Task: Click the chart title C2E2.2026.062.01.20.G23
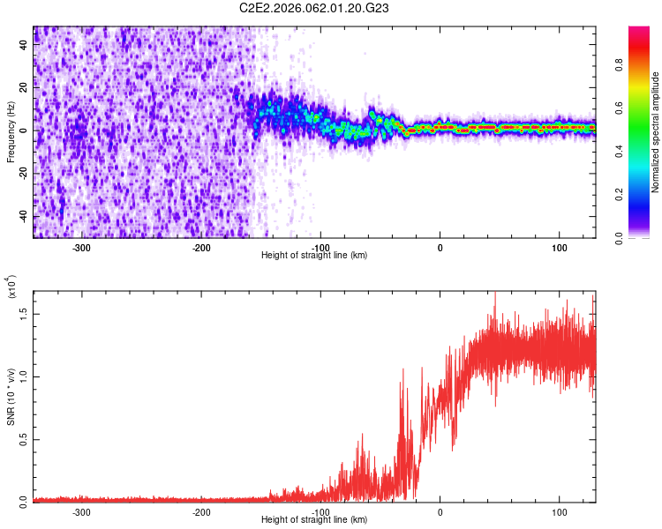click(x=314, y=8)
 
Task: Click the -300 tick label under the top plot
click(x=81, y=247)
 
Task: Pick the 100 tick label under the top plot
click(x=559, y=247)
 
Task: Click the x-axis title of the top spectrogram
click(x=314, y=256)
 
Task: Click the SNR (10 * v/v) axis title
click(x=11, y=397)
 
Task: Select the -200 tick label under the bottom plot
click(x=200, y=511)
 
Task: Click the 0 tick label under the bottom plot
click(x=440, y=511)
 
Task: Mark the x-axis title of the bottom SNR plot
click(x=314, y=520)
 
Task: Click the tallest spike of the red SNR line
click(x=495, y=294)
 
